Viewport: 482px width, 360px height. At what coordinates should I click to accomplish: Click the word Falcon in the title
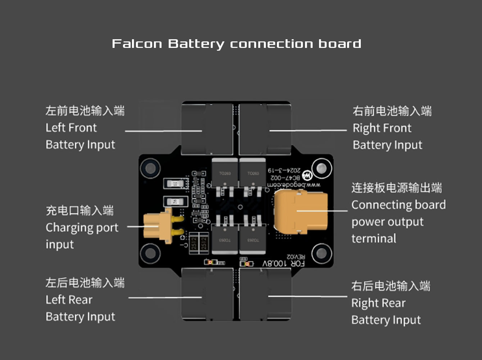pyautogui.click(x=137, y=44)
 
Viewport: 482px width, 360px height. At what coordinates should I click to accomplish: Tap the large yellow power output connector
pyautogui.click(x=301, y=212)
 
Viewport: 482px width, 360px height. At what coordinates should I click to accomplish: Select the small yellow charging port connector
pyautogui.click(x=158, y=226)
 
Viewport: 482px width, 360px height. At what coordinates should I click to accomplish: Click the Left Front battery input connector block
pyautogui.click(x=207, y=129)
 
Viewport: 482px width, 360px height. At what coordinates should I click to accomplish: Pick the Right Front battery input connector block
pyautogui.click(x=265, y=129)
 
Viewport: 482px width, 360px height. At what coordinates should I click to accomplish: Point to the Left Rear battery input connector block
pyautogui.click(x=207, y=294)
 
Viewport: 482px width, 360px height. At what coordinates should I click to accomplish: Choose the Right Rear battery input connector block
pyautogui.click(x=265, y=294)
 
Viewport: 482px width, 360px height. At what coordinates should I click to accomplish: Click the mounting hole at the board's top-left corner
pyautogui.click(x=150, y=168)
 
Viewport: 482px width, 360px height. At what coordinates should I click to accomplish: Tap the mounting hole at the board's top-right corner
pyautogui.click(x=321, y=168)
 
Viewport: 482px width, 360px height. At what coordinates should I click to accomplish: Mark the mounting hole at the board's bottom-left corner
pyautogui.click(x=150, y=253)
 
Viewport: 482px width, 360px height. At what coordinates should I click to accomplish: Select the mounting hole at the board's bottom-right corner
pyautogui.click(x=321, y=253)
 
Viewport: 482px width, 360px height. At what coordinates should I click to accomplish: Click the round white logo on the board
pyautogui.click(x=307, y=176)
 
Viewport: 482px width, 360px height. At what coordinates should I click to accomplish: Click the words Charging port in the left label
pyautogui.click(x=82, y=228)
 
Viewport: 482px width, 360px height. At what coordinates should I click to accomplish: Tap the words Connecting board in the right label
pyautogui.click(x=398, y=205)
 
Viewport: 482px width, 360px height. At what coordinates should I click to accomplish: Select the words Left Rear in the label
pyautogui.click(x=69, y=300)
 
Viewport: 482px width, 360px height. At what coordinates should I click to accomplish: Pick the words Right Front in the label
pyautogui.click(x=382, y=128)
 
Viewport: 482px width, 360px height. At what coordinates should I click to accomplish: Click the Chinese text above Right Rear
pyautogui.click(x=391, y=286)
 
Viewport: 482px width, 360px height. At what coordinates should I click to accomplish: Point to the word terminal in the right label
pyautogui.click(x=374, y=238)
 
